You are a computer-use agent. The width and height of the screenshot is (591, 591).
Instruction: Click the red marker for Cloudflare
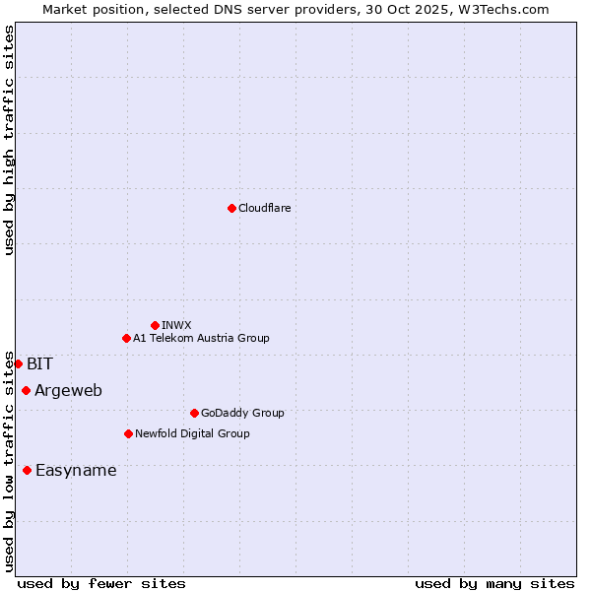pos(231,208)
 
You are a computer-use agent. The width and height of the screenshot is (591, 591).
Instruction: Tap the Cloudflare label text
pos(265,208)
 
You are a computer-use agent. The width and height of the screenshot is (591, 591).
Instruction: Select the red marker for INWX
pos(155,325)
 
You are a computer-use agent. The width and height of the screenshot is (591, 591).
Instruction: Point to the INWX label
pos(177,325)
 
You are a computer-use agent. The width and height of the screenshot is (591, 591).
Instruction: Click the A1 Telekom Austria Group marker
pos(126,338)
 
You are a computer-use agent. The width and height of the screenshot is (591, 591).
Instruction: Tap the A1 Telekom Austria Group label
pos(201,338)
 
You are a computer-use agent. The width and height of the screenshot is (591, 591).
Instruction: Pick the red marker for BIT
pos(18,363)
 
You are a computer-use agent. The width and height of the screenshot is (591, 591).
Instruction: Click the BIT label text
pos(39,363)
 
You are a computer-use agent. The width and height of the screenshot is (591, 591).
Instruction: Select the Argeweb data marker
pos(26,390)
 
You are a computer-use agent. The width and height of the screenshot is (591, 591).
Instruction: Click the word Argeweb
pos(68,391)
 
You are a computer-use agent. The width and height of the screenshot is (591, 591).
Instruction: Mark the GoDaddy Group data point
pos(194,413)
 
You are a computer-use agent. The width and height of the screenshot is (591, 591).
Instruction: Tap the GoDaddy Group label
pos(242,413)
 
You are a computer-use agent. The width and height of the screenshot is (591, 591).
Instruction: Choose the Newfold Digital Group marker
pos(128,433)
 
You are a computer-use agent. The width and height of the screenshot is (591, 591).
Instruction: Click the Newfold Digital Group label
pos(192,433)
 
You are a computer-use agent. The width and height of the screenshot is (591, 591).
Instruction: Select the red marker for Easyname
pos(27,470)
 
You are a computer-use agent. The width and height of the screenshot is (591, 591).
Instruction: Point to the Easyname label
pos(76,471)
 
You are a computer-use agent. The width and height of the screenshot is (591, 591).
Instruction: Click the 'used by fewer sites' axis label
pos(101,583)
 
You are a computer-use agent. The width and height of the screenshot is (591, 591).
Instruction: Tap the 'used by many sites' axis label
pos(494,583)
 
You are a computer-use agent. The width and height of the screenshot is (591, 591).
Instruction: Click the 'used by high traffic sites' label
pos(9,140)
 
